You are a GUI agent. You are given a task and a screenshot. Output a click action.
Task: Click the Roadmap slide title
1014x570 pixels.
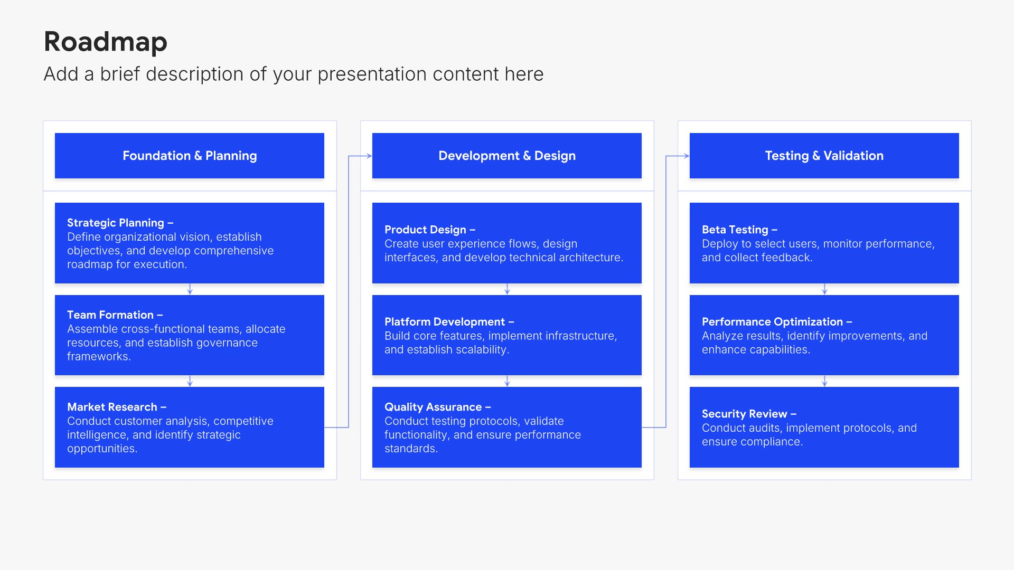(x=106, y=42)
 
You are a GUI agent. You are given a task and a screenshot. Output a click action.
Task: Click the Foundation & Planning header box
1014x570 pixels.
(x=190, y=156)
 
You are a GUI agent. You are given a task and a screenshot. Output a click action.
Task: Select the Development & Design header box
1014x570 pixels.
(x=507, y=156)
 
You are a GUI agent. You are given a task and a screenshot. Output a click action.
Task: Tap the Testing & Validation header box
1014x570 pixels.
(x=824, y=156)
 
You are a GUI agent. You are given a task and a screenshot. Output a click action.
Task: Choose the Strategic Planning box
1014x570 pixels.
(x=190, y=243)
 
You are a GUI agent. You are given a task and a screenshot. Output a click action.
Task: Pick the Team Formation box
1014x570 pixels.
(x=190, y=335)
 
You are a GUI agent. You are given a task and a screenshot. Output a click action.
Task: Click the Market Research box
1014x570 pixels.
(x=190, y=427)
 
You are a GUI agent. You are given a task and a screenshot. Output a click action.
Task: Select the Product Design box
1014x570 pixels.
(x=507, y=243)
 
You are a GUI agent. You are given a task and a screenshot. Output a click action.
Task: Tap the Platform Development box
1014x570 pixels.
(x=507, y=335)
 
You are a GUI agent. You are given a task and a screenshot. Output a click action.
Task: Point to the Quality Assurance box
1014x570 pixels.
(x=507, y=427)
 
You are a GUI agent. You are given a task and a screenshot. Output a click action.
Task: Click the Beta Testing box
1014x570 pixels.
(x=824, y=243)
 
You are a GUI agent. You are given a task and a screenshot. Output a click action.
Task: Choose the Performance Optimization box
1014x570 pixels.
(x=824, y=335)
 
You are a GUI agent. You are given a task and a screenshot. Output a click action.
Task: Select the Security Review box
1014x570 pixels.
(x=824, y=427)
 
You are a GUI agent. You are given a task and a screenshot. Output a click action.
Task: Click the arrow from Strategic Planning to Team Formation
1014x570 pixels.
(x=190, y=289)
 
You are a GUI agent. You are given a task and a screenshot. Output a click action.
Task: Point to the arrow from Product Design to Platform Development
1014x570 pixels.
(x=508, y=289)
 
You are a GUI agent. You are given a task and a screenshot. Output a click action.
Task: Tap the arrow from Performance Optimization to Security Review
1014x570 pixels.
(x=825, y=381)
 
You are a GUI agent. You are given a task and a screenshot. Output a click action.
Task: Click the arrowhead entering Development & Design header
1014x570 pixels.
(x=370, y=156)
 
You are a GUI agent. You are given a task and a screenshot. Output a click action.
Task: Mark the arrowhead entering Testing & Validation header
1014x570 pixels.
(x=687, y=156)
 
